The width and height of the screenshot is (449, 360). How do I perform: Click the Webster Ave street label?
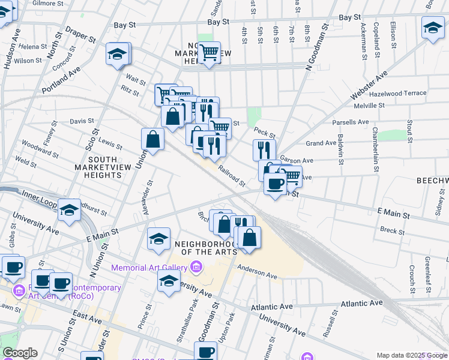(369, 86)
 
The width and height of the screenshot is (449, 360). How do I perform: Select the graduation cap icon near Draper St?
(118, 55)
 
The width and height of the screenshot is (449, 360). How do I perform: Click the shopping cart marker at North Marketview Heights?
(209, 53)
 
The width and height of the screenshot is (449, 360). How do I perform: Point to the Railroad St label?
(232, 176)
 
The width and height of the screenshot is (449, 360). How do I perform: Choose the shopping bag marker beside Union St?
(154, 139)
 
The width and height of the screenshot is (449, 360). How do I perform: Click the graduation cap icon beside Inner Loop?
(70, 211)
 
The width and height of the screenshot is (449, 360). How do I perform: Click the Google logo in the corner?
(20, 353)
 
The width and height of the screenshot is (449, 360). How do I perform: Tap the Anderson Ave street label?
(257, 271)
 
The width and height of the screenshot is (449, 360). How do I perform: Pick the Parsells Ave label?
(351, 122)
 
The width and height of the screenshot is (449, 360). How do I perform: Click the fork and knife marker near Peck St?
(264, 149)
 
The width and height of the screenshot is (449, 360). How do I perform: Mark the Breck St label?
(393, 230)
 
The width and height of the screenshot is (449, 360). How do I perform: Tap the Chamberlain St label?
(376, 149)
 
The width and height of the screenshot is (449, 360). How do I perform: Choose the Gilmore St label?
(47, 3)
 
